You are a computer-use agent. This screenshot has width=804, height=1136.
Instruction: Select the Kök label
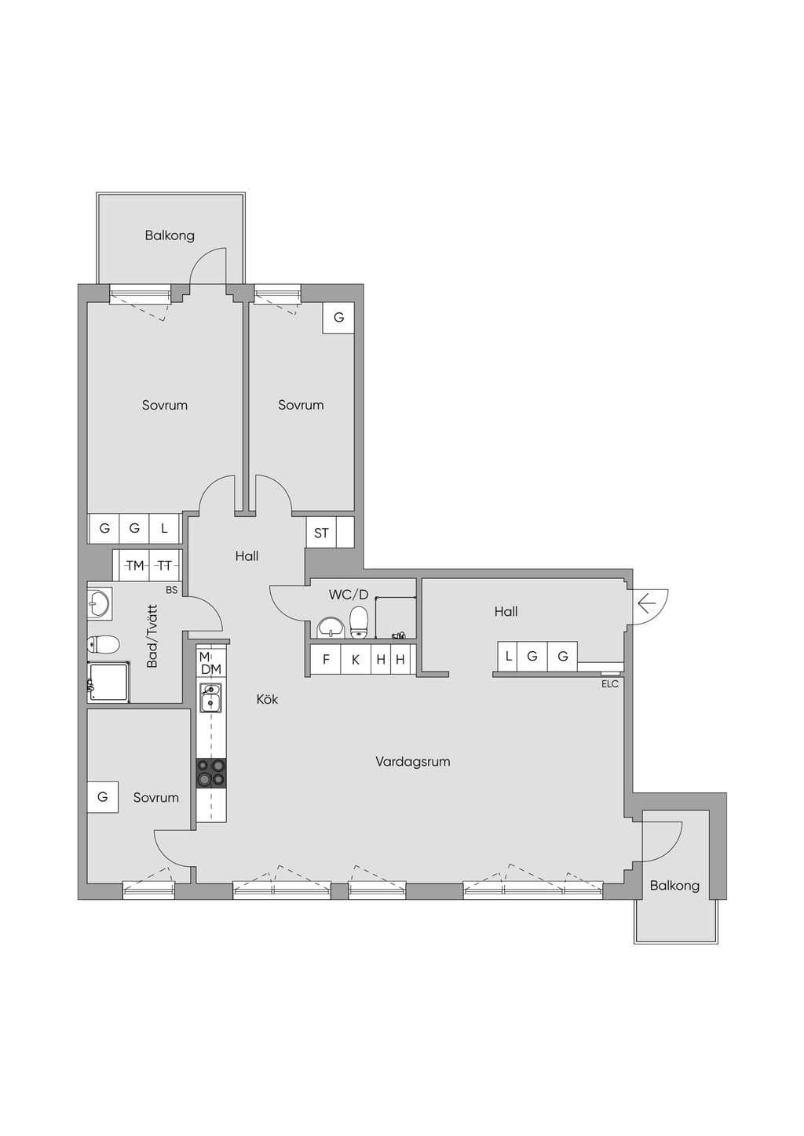tap(267, 699)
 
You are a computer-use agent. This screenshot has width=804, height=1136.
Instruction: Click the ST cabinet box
tap(321, 532)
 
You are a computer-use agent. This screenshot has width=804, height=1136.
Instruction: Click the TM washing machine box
tap(134, 566)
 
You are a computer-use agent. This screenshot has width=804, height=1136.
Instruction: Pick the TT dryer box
tap(164, 566)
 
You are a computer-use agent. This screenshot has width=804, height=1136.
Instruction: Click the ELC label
tap(609, 684)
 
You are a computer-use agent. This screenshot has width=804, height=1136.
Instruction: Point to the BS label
tap(172, 590)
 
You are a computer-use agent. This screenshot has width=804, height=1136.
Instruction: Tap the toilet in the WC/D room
tap(358, 622)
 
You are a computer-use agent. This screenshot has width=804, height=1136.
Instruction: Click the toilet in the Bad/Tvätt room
tap(103, 645)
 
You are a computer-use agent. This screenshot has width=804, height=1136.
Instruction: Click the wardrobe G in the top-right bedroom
tap(338, 318)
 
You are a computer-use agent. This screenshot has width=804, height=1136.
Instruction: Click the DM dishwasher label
tap(211, 669)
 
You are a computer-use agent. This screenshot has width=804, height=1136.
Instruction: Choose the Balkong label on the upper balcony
tap(170, 236)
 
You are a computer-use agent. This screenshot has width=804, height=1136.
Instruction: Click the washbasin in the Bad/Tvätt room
tap(100, 603)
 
